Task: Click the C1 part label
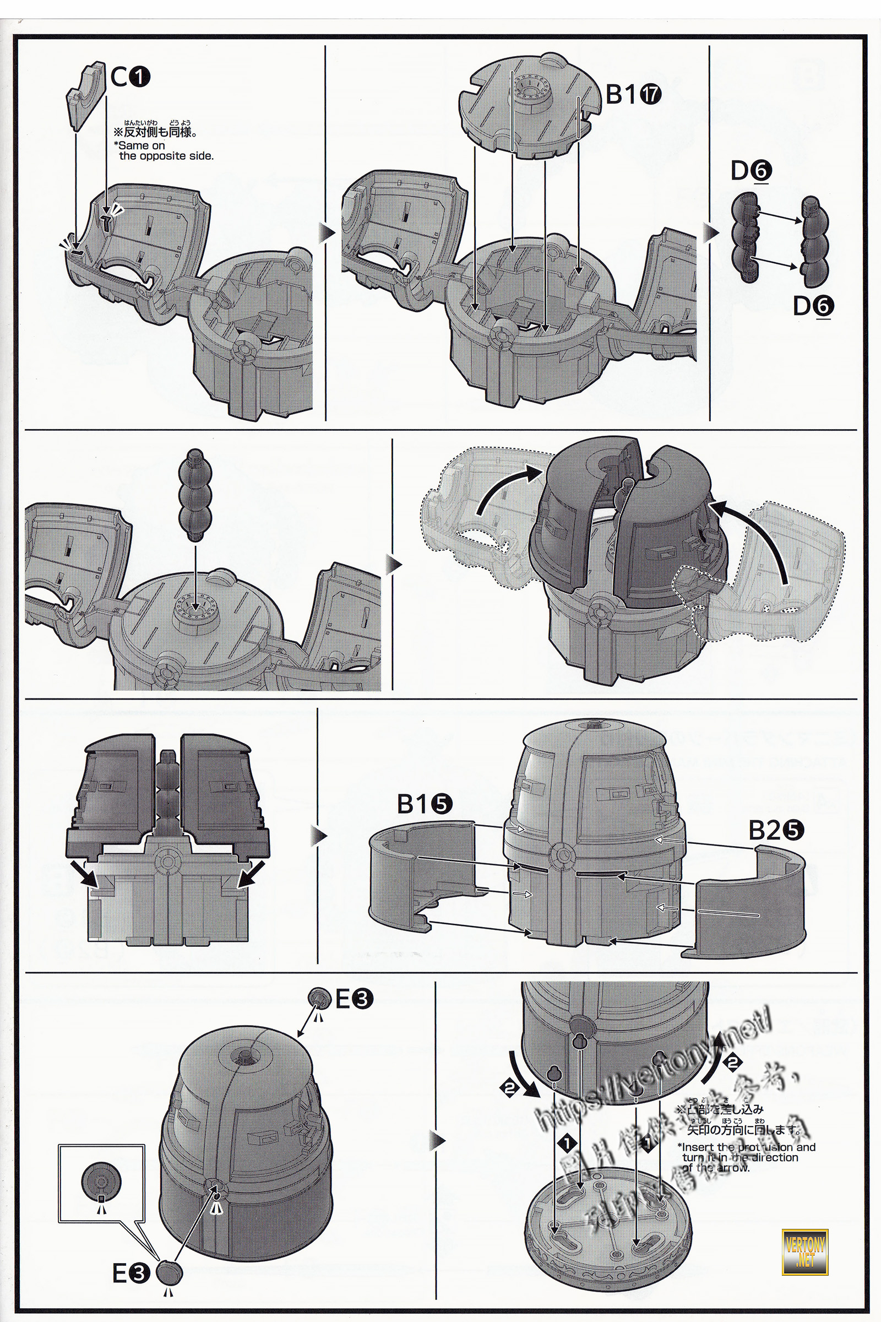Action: pyautogui.click(x=130, y=77)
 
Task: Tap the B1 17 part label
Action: pyautogui.click(x=633, y=94)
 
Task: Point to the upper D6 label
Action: pyautogui.click(x=751, y=171)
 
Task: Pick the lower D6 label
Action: pyautogui.click(x=813, y=306)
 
